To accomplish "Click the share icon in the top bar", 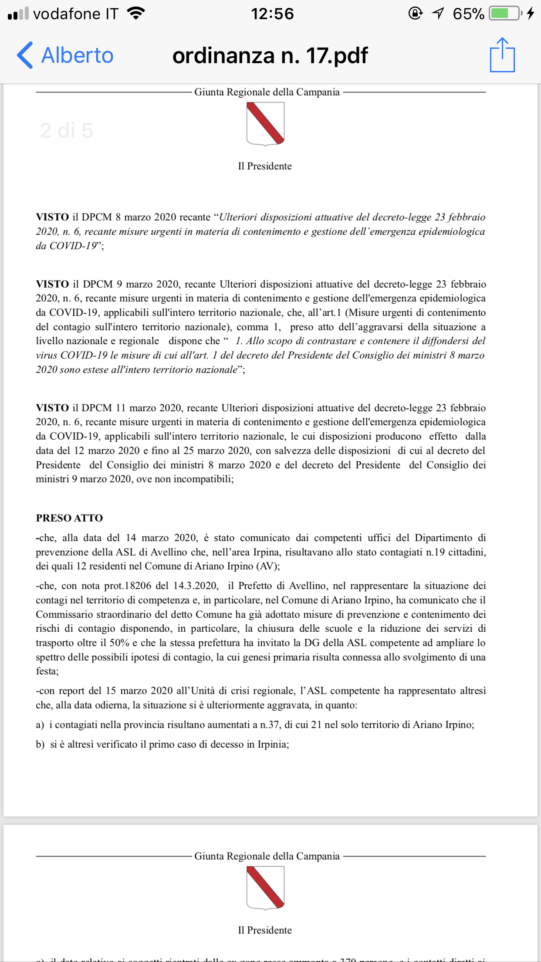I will [502, 55].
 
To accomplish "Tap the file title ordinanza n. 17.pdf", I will [270, 55].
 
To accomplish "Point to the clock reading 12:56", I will [272, 14].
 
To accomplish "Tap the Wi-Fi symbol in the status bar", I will [136, 14].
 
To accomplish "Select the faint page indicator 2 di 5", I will [67, 130].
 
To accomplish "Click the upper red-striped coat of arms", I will [265, 124].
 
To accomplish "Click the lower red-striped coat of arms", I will [265, 887].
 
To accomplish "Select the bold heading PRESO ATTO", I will [69, 518].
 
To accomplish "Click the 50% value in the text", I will [119, 643].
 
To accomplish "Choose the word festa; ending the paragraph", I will [47, 671].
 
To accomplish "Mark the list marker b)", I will [40, 745].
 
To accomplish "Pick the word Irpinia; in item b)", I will [273, 744].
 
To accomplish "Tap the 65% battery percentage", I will [468, 14].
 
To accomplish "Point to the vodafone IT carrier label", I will [75, 14].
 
